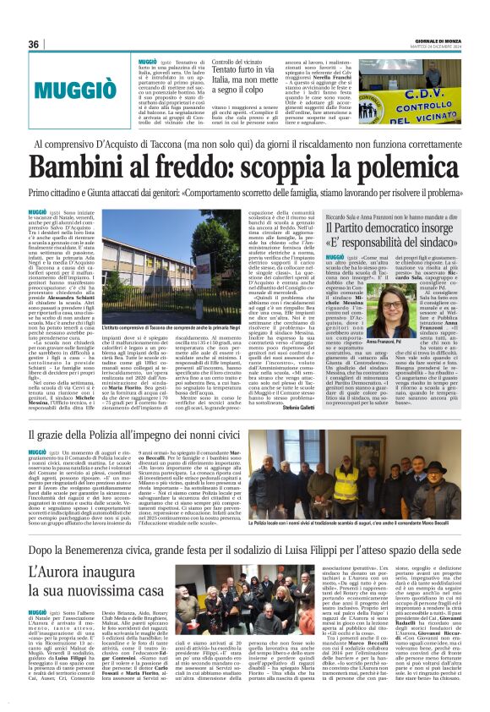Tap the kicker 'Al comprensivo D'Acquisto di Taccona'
click(245, 144)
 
